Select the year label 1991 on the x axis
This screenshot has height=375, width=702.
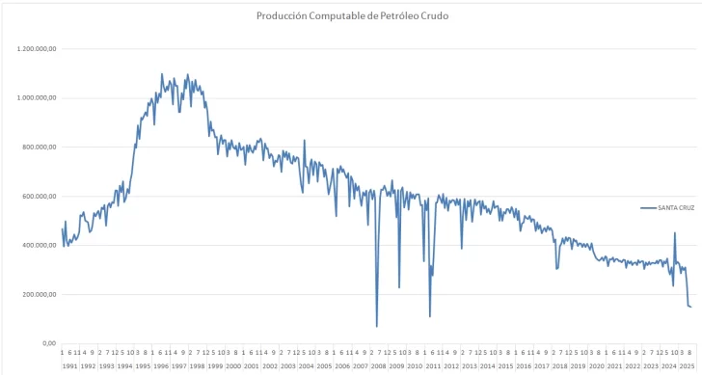[69, 366]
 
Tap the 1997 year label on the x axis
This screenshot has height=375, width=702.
[178, 366]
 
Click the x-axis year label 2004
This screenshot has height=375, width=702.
[306, 366]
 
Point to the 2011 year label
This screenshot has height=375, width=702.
[433, 366]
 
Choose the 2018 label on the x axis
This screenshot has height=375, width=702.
[560, 366]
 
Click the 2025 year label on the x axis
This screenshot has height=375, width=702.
[686, 366]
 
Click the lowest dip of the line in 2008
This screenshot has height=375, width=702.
[377, 326]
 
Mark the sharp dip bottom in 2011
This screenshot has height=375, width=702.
[430, 316]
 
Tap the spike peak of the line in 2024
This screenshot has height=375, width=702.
[675, 232]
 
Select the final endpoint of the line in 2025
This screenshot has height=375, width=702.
[691, 307]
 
